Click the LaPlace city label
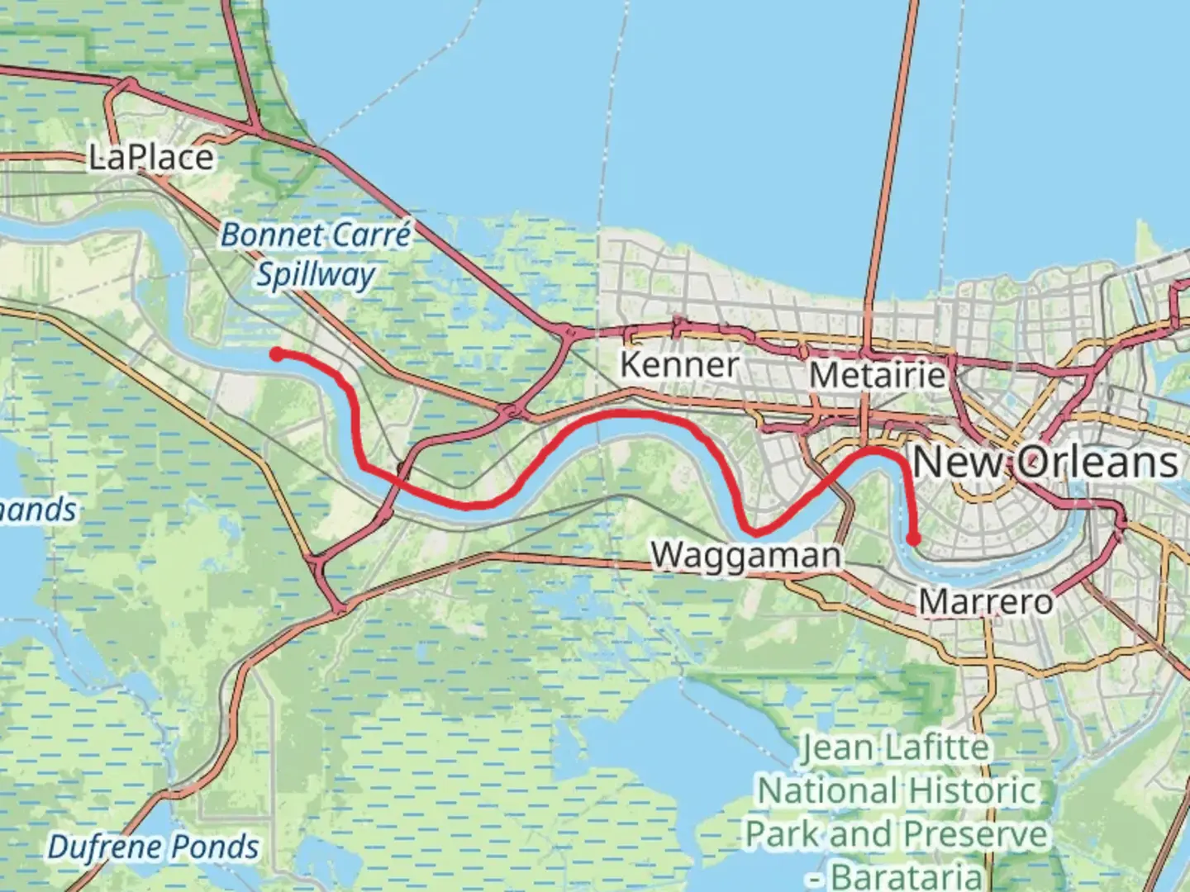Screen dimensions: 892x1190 click(x=151, y=157)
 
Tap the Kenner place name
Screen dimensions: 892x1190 click(x=678, y=364)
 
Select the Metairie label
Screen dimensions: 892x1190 click(x=877, y=376)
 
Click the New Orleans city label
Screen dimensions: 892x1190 click(x=1045, y=461)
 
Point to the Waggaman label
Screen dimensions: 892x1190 click(x=745, y=555)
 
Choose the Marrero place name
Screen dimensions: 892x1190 click(x=986, y=601)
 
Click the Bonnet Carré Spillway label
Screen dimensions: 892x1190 click(x=315, y=254)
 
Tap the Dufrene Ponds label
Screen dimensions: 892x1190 click(x=153, y=847)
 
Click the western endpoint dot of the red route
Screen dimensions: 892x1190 click(x=278, y=353)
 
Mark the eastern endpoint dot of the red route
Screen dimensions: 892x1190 click(x=913, y=539)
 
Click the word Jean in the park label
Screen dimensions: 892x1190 click(x=835, y=748)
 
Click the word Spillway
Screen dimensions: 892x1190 click(x=315, y=275)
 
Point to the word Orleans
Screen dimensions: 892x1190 click(x=1095, y=461)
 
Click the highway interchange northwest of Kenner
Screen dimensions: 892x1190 click(x=567, y=332)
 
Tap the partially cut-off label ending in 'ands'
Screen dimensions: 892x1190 click(x=37, y=510)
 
